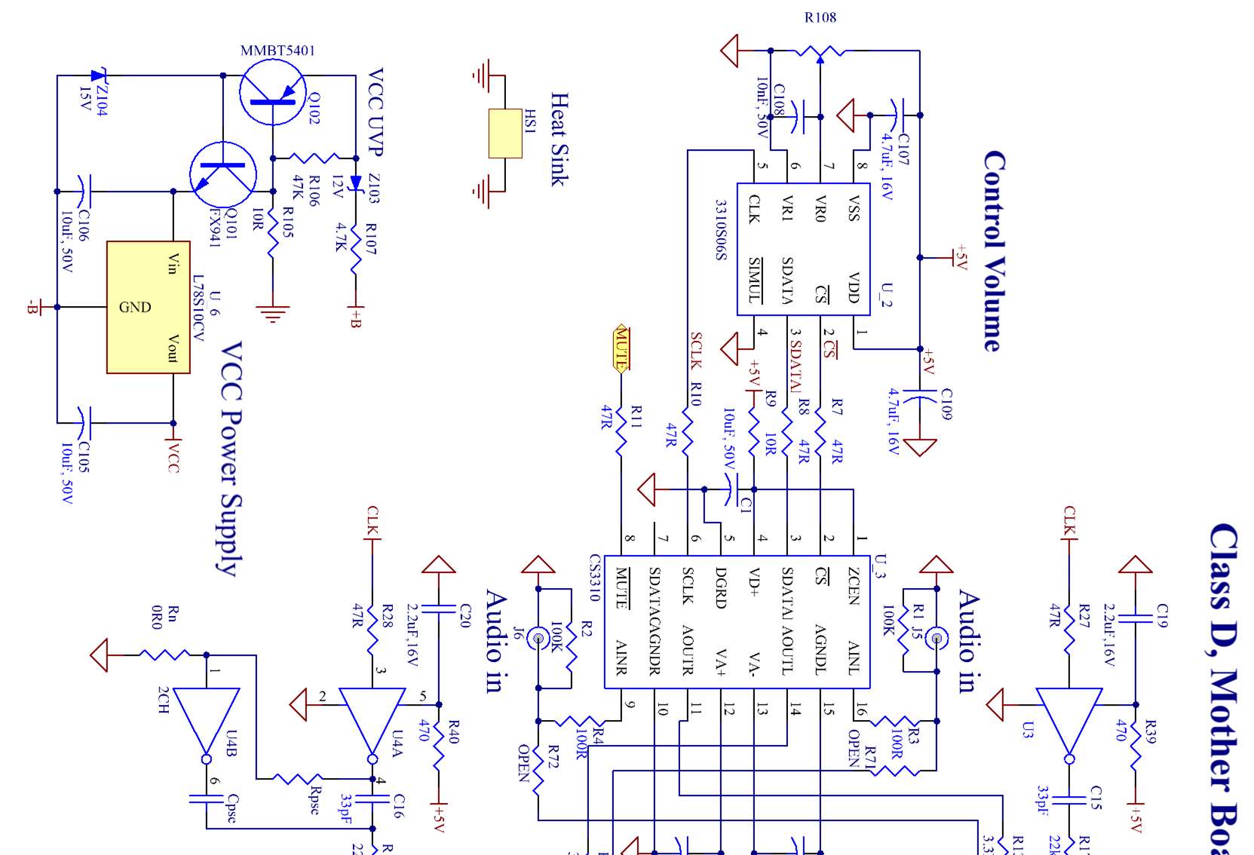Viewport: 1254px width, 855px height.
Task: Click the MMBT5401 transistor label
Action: click(x=277, y=51)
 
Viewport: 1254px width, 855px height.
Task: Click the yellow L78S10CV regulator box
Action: click(x=148, y=307)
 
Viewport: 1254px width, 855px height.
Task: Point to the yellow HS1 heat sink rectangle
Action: click(x=505, y=133)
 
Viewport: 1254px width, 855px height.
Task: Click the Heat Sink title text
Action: click(x=559, y=139)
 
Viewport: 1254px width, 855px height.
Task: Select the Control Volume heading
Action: click(x=994, y=251)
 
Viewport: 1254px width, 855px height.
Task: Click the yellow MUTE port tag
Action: click(x=621, y=350)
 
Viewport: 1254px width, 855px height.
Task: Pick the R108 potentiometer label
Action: click(x=820, y=17)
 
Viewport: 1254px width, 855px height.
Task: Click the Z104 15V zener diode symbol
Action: click(x=97, y=75)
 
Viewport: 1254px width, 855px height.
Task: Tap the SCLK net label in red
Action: click(x=695, y=351)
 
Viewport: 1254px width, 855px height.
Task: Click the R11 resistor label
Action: click(x=636, y=415)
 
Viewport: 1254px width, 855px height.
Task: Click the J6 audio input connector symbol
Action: click(x=538, y=638)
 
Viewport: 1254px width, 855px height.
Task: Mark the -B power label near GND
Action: click(x=32, y=307)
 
